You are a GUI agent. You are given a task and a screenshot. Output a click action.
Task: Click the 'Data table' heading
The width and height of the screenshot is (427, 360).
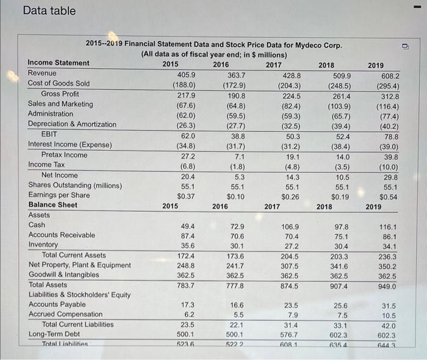[x=49, y=11]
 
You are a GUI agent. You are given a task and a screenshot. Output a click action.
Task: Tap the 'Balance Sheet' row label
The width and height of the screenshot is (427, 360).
[x=52, y=205]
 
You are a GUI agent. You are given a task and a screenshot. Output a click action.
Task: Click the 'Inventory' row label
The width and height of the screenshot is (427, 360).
[x=43, y=245]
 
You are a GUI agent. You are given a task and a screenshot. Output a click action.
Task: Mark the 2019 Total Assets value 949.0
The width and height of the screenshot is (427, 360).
[x=386, y=286]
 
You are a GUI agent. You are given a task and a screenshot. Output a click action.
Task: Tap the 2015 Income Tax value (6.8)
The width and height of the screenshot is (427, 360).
[x=184, y=165]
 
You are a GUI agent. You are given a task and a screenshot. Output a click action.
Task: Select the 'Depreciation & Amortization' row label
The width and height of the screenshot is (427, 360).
[x=72, y=124]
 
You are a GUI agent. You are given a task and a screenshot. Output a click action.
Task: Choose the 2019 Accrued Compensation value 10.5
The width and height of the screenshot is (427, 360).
[x=389, y=316]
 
